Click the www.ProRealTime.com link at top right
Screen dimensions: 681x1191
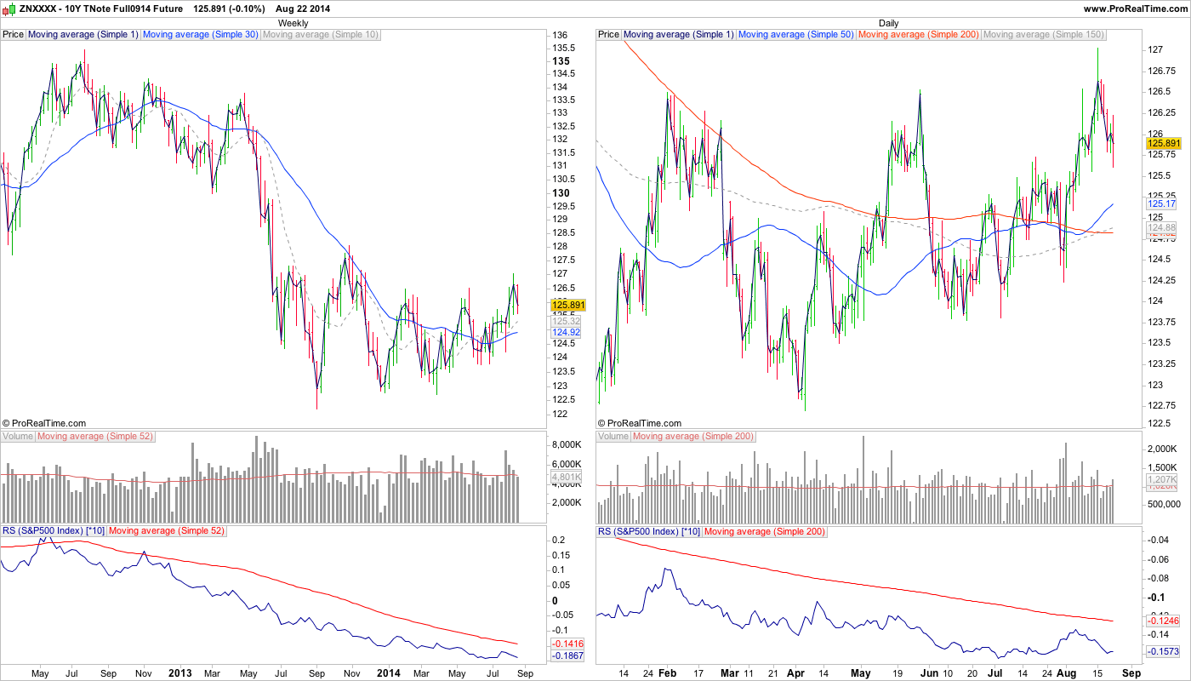1135,9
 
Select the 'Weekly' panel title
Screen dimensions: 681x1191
293,23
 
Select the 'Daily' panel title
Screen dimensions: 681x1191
888,23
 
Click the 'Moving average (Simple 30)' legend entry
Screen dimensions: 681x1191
200,35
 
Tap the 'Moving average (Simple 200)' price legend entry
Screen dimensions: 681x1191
919,35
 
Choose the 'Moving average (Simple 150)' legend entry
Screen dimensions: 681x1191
1043,35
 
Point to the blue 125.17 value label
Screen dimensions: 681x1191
1161,204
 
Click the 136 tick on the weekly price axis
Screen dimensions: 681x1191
561,35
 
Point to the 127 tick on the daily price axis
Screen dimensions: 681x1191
1155,50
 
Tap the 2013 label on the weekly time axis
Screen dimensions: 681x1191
180,673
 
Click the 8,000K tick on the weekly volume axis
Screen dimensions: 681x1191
567,445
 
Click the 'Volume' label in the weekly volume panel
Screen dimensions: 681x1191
18,437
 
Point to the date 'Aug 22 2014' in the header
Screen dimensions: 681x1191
303,9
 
